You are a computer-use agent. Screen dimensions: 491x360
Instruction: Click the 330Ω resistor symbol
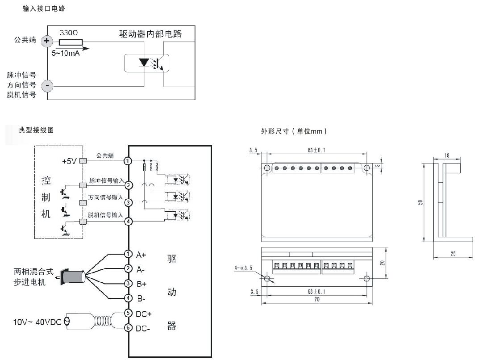[x=71, y=42]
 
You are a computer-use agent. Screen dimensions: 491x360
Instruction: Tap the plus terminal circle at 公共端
[x=47, y=41]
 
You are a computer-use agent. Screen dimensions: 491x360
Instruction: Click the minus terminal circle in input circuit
[x=47, y=85]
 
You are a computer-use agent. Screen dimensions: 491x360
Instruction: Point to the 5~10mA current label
[x=66, y=53]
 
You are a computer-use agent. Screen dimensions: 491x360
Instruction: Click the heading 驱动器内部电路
[x=150, y=34]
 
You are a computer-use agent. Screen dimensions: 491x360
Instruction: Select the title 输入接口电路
[x=44, y=8]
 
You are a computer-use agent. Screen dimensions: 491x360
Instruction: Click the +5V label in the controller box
[x=69, y=161]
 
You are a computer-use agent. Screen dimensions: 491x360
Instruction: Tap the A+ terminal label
[x=141, y=255]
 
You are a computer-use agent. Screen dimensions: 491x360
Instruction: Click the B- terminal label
[x=141, y=299]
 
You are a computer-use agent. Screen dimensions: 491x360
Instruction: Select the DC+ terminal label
[x=143, y=314]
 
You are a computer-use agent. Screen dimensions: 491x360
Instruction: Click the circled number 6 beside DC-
[x=128, y=328]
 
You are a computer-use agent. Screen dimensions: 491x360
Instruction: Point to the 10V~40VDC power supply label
[x=37, y=322]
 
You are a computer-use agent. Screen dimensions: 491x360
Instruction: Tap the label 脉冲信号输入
[x=106, y=180]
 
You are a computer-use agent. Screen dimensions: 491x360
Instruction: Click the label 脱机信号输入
[x=105, y=215]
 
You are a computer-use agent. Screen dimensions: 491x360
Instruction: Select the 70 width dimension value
[x=317, y=299]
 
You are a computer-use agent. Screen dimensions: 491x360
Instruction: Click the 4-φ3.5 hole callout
[x=243, y=268]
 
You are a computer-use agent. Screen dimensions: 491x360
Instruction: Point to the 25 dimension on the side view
[x=453, y=254]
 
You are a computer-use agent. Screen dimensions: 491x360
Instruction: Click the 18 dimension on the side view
[x=447, y=155]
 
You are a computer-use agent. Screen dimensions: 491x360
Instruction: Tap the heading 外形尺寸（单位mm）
[x=294, y=131]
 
